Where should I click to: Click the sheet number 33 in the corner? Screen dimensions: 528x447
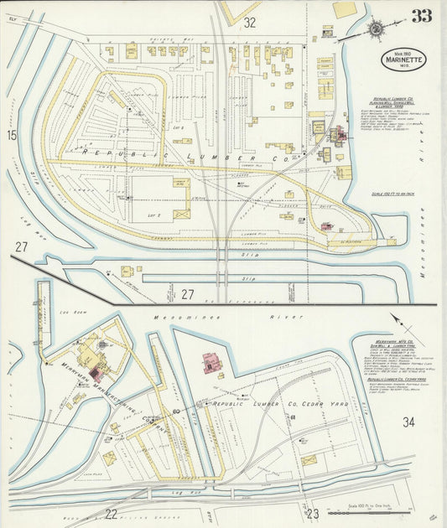pos(422,16)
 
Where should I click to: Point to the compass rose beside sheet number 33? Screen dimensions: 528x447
pos(375,28)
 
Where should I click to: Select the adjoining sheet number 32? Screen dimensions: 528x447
pos(249,23)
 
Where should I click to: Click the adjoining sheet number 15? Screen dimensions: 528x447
pos(12,134)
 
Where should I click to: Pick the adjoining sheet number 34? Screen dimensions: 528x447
pos(408,422)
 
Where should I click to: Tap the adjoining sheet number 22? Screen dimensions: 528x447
pos(111,513)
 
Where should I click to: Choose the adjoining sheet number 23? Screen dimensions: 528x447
pos(314,513)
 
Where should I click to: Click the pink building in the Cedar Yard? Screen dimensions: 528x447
pos(210,363)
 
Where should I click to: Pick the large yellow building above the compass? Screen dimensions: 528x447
pos(344,9)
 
